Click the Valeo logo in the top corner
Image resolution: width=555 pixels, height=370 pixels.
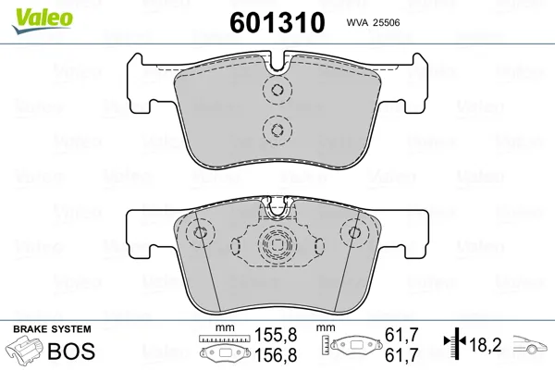pos(42,20)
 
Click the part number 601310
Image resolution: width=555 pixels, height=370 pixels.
pos(277,22)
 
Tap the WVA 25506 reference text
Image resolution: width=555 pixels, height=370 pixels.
pos(373,22)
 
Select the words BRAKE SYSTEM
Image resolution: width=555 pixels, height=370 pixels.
pos(52,329)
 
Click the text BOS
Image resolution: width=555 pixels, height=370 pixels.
pos(71,351)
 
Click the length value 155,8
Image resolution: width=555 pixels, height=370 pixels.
pos(276,335)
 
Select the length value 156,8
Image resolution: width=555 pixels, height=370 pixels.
pos(276,355)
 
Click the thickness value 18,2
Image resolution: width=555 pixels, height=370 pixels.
pos(486,344)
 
